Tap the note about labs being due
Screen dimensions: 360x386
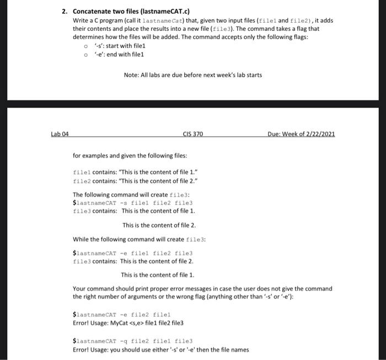tap(193, 75)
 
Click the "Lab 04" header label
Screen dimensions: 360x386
tap(60, 134)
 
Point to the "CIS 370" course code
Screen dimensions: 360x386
tap(193, 134)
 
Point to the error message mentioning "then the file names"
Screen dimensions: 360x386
tap(160, 350)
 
